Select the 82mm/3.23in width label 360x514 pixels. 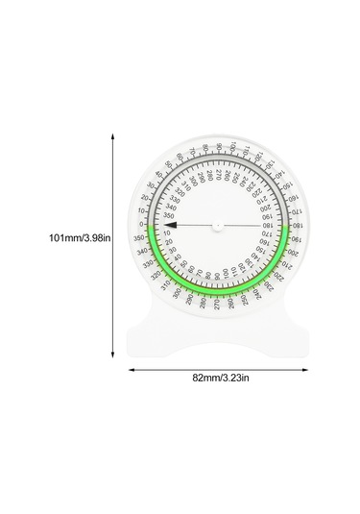(220, 378)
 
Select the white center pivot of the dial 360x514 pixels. (219, 227)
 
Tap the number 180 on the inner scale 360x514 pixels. (264, 227)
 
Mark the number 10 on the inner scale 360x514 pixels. (172, 235)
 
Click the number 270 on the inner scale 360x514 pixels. (219, 181)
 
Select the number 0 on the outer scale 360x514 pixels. (141, 223)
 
